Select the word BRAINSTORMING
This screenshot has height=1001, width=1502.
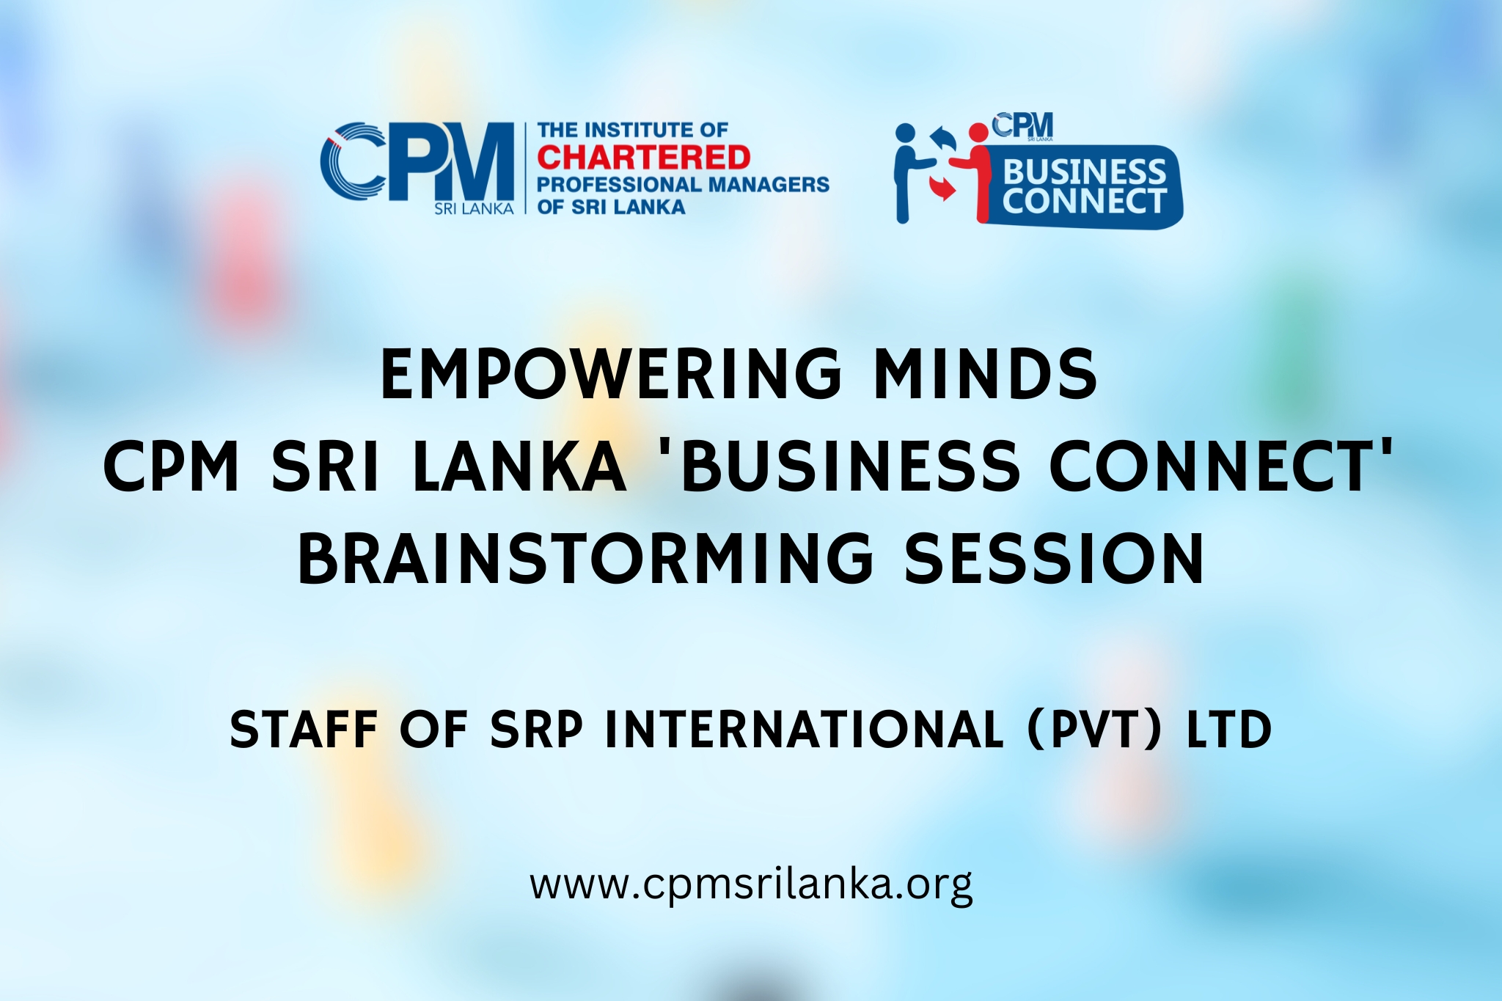[585, 559]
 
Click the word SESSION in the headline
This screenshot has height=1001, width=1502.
[1054, 559]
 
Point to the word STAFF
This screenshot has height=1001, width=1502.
[304, 730]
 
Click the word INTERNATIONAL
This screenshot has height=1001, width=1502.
[804, 730]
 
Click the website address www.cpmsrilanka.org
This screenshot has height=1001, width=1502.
[751, 885]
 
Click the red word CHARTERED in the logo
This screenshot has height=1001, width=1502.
[644, 158]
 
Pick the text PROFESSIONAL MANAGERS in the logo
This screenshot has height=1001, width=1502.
[683, 184]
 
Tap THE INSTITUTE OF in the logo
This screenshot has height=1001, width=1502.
[632, 131]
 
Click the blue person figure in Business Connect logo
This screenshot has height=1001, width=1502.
[909, 173]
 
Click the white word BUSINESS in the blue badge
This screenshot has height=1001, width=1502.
[1085, 172]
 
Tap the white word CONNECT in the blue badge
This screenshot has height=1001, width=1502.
[1084, 201]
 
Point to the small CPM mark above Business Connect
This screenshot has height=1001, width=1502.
[1022, 126]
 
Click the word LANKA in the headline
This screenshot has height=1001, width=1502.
[520, 466]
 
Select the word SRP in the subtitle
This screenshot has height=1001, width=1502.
[536, 730]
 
